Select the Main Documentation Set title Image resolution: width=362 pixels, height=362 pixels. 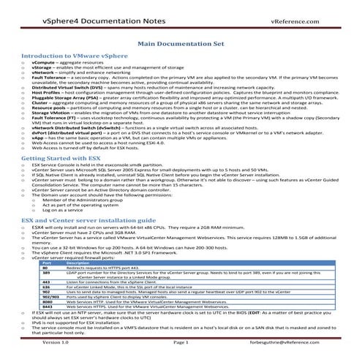point(180,45)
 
